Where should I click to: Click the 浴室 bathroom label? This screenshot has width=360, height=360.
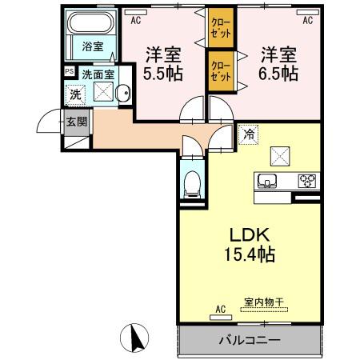pyautogui.click(x=92, y=46)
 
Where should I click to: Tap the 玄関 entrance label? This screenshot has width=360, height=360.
pyautogui.click(x=77, y=122)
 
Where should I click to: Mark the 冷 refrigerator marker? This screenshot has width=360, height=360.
pyautogui.click(x=250, y=135)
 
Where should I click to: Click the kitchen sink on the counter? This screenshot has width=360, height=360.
pyautogui.click(x=267, y=179)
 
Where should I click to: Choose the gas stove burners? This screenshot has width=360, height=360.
pyautogui.click(x=306, y=180)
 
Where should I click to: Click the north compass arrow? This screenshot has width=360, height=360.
pyautogui.click(x=135, y=337)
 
